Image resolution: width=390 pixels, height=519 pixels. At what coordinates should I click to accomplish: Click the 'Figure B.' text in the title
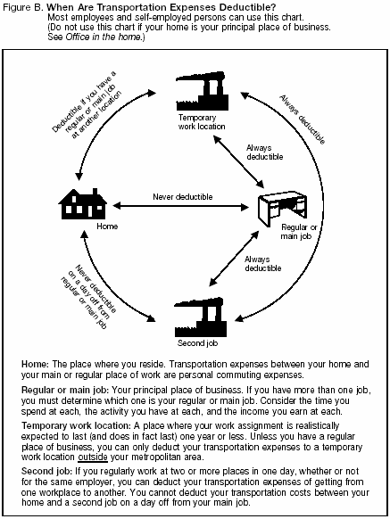pyautogui.click(x=23, y=6)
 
